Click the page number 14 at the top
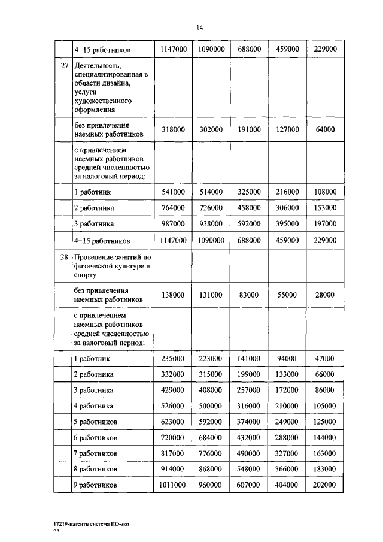(x=199, y=27)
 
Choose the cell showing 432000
(x=249, y=437)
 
